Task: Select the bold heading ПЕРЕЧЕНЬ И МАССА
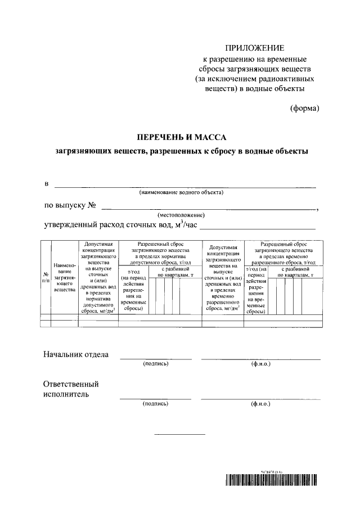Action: click(x=182, y=137)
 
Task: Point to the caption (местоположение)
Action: click(x=181, y=215)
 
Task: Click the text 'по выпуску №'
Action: click(x=68, y=205)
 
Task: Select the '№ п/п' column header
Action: click(x=46, y=277)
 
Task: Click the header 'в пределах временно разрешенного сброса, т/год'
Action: click(x=288, y=259)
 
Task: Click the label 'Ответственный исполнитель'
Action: click(x=71, y=389)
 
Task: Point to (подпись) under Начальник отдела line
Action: click(x=156, y=364)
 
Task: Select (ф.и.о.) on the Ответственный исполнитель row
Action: click(x=260, y=404)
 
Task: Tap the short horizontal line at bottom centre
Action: click(x=180, y=434)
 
